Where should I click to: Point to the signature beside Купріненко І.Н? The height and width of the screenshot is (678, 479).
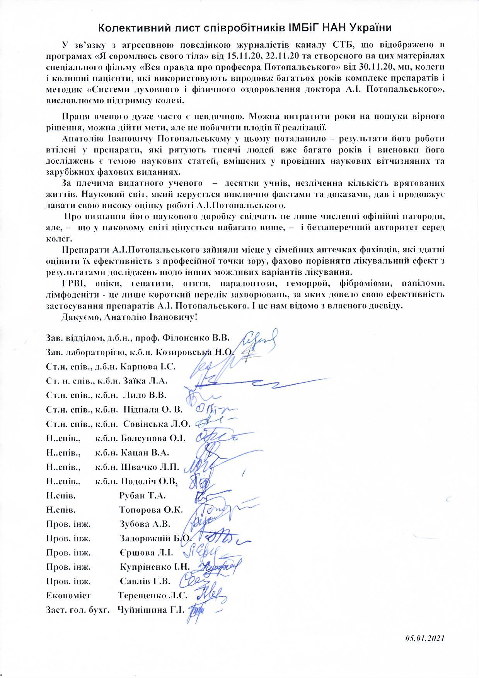[x=219, y=567]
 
